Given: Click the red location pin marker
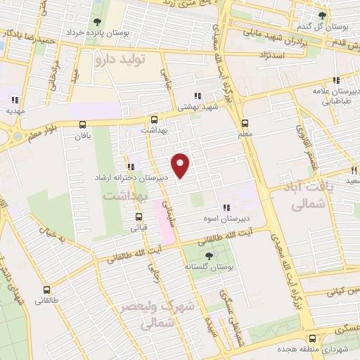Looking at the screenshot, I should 181,165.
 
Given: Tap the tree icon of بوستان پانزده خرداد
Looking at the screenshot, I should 96,22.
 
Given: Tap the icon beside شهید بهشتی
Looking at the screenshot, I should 198,95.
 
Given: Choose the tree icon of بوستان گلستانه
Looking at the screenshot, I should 208,256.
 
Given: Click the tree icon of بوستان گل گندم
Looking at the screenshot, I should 323,15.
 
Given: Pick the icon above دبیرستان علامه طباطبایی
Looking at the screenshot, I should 337,80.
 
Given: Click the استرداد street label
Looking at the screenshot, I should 271,54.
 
